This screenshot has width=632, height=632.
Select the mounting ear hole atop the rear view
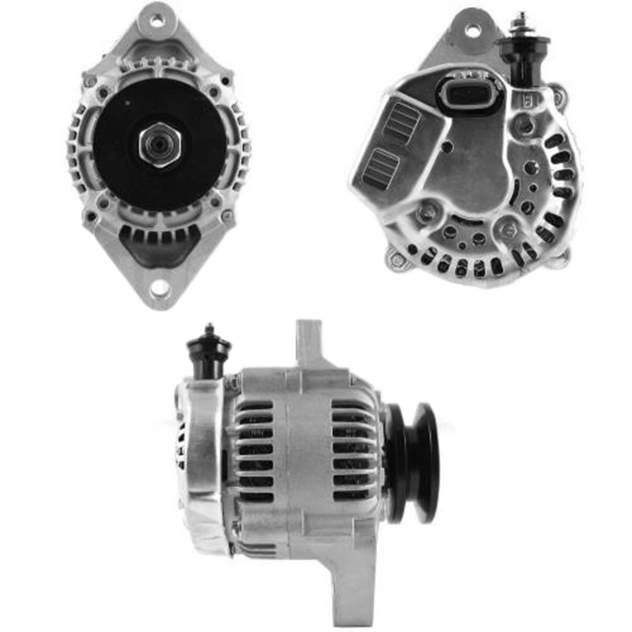(473, 29)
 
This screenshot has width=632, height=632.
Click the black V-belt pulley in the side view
(414, 463)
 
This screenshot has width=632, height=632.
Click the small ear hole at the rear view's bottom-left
(397, 259)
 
